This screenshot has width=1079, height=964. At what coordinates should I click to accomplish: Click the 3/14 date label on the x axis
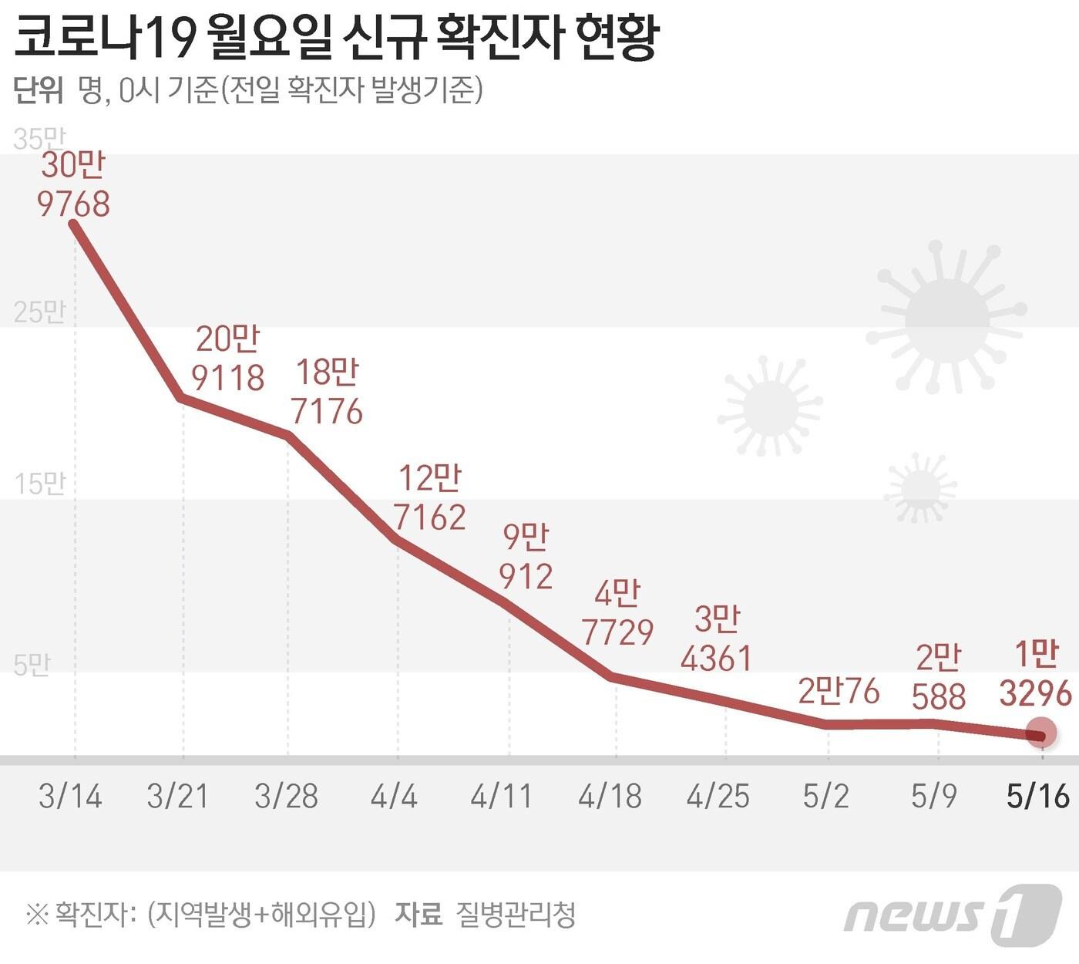70,796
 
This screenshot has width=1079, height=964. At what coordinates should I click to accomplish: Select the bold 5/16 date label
1037,796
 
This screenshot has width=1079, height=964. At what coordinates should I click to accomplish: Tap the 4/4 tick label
394,796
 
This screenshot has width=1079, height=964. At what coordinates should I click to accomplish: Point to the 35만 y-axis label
39,140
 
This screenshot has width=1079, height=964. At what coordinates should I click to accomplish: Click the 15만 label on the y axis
39,484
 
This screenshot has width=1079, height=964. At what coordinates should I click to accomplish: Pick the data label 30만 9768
73,185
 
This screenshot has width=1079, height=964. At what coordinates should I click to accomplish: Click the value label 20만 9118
227,359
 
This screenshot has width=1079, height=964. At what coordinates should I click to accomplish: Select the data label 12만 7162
429,497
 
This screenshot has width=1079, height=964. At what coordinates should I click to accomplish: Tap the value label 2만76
839,691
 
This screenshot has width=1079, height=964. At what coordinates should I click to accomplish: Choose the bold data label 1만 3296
1035,675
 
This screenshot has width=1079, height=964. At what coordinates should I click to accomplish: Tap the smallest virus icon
919,487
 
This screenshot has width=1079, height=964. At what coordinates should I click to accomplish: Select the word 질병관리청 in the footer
516,915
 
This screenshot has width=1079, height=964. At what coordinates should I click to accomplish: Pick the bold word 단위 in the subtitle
38,91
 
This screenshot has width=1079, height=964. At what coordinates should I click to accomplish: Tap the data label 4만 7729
617,613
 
